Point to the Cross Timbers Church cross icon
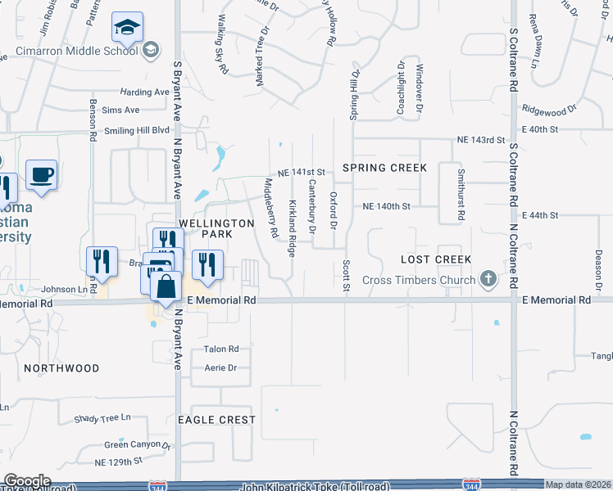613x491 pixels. [488, 280]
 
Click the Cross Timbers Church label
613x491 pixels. [419, 281]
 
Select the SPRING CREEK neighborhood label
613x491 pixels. [384, 168]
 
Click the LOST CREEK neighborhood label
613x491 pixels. [435, 259]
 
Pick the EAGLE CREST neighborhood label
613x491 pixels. [216, 420]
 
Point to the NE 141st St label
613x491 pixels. [302, 173]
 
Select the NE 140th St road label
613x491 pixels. [386, 206]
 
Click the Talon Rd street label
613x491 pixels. [221, 349]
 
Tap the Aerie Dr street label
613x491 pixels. [220, 368]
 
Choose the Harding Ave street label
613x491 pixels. [143, 92]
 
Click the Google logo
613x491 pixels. [27, 481]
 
